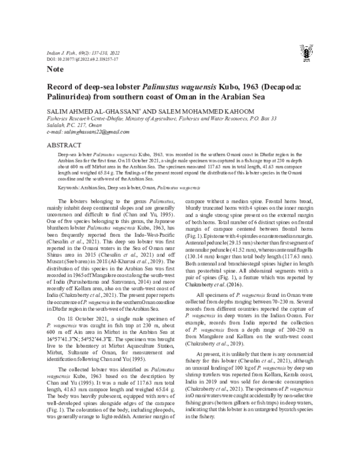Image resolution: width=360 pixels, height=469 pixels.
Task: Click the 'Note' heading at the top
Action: (x=55, y=70)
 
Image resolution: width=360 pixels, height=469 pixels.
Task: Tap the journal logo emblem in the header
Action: (x=307, y=55)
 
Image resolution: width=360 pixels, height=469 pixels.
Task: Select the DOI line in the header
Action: (x=82, y=60)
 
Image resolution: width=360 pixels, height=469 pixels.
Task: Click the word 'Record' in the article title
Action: (x=63, y=88)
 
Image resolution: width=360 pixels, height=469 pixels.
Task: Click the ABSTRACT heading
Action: (x=64, y=146)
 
